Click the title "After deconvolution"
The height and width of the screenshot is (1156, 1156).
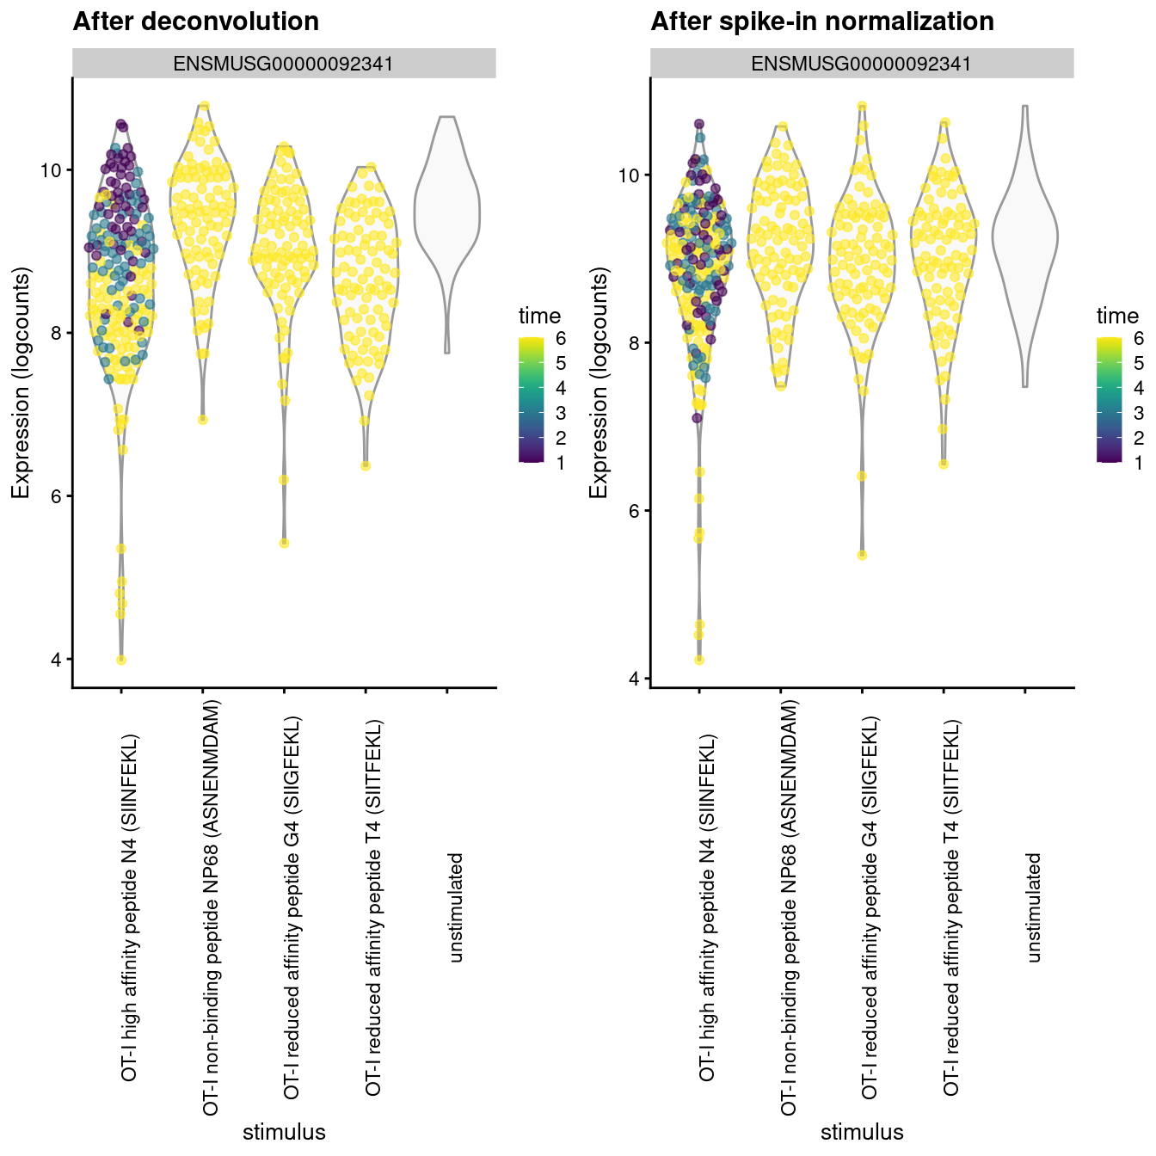coord(196,22)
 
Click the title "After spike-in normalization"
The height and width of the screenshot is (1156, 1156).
coord(822,22)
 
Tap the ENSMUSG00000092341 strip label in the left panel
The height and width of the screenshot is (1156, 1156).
coord(284,64)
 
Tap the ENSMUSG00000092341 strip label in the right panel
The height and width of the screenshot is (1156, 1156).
coord(862,64)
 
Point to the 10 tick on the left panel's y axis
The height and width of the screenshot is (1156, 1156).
coord(52,170)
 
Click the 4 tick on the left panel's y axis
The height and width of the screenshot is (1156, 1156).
coord(57,660)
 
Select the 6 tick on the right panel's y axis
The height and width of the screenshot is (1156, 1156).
coord(635,511)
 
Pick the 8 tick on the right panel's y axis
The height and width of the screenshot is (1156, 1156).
coord(635,343)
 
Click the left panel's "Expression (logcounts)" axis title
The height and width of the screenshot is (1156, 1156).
coord(22,383)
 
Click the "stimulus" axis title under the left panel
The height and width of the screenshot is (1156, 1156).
coord(284,1131)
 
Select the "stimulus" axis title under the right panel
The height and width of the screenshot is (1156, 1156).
coord(862,1131)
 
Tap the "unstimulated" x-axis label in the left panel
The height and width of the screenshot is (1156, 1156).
coord(456,907)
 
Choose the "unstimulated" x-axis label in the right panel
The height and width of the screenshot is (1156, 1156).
coord(1034,907)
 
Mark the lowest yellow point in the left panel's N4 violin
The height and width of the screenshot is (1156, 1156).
coord(121,660)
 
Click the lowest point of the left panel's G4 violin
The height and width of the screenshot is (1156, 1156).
coord(284,543)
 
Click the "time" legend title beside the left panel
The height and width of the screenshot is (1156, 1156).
coord(539,316)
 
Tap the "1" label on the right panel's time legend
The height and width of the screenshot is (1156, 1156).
coord(1139,463)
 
